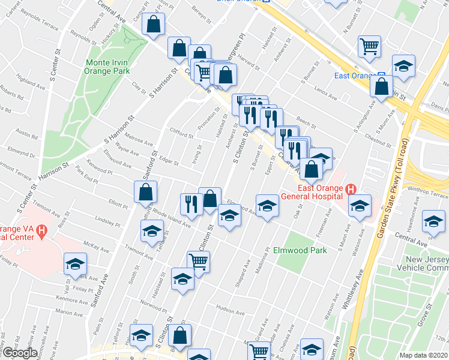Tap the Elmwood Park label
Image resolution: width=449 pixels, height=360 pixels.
pos(300,250)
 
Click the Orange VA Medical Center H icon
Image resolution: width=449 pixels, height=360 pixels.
pos(41,230)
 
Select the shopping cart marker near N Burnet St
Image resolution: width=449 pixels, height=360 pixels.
pos(369,46)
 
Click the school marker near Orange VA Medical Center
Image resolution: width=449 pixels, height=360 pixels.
pos(76,263)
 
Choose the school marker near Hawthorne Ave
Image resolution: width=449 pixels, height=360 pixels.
pos(433,222)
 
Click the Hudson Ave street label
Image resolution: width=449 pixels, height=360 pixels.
pos(231,311)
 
